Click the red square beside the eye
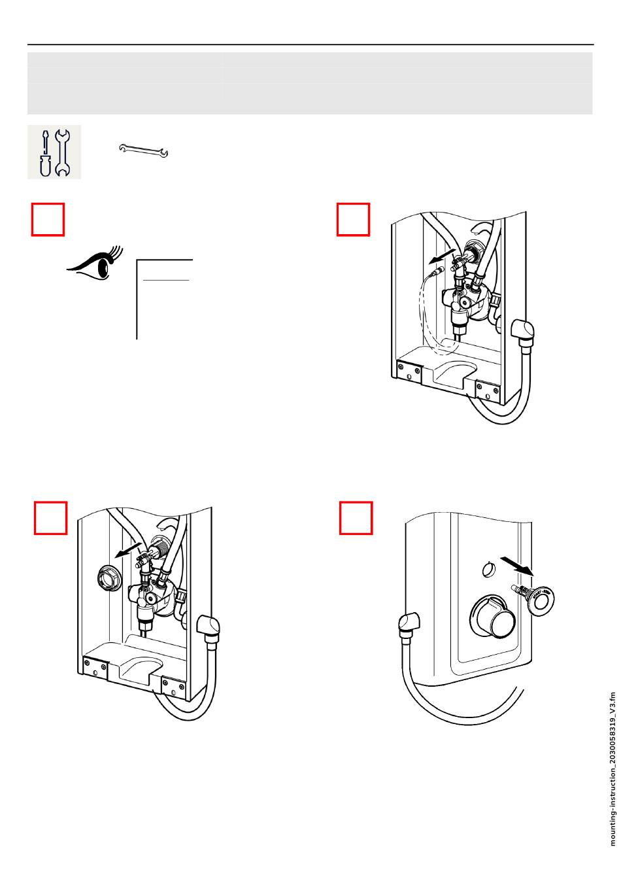tap(48, 219)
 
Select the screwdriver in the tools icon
tap(44, 152)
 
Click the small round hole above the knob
tap(488, 569)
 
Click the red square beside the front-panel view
tap(356, 517)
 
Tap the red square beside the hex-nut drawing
tap(50, 517)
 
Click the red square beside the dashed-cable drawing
tap(354, 219)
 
